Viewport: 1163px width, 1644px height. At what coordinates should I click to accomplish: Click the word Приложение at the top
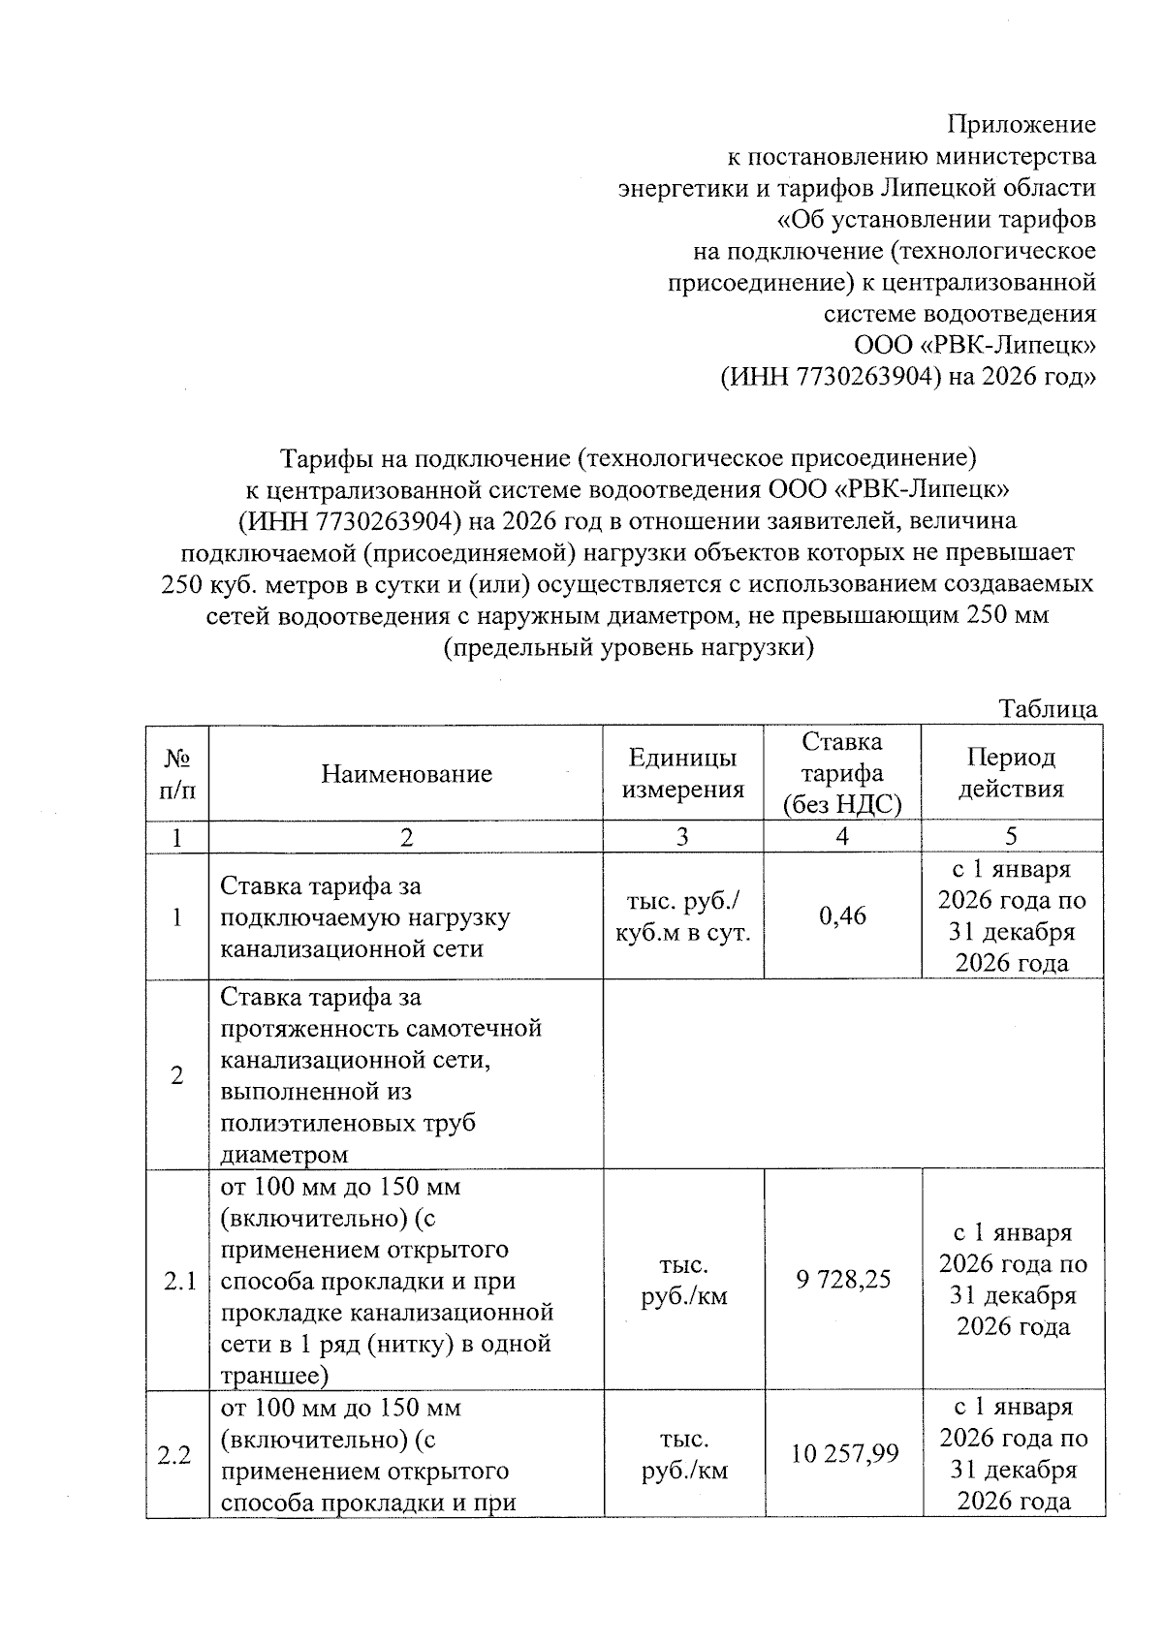[1021, 124]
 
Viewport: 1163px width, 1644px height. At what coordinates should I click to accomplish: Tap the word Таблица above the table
[1048, 709]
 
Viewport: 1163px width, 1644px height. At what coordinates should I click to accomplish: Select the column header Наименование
[406, 773]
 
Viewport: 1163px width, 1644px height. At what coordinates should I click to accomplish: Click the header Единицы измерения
[682, 773]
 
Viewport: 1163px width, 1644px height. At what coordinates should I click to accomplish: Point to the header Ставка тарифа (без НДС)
[841, 773]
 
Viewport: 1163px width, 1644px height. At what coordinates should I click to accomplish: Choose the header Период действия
[1011, 773]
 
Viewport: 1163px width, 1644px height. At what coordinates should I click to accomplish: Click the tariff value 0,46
[842, 915]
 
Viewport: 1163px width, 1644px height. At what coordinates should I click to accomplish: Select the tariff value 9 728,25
[843, 1280]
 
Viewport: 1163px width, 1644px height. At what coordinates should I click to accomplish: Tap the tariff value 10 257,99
[843, 1453]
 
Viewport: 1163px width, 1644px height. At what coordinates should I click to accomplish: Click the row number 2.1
[178, 1282]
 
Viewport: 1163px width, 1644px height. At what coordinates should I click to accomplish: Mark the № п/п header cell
[176, 773]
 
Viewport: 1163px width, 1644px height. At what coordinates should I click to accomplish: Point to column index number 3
[682, 837]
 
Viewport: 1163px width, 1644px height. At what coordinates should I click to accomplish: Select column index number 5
[1011, 837]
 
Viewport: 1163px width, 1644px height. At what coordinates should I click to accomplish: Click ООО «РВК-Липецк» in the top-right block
[974, 345]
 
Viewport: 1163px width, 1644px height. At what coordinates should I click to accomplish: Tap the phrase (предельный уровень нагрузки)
[627, 647]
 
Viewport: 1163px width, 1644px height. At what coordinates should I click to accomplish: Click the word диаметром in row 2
[284, 1155]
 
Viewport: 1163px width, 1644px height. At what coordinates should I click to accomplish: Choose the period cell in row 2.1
[1013, 1280]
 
